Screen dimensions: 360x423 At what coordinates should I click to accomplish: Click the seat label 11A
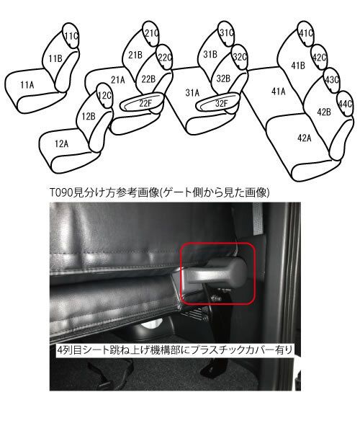[27, 85]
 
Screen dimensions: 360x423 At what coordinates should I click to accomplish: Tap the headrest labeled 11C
[71, 35]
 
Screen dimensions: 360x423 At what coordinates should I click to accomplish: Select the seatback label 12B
[89, 116]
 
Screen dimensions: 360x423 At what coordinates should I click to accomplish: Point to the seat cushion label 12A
[61, 144]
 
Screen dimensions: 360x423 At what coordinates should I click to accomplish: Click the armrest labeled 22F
[143, 102]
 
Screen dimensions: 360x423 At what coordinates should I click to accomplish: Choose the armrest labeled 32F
[218, 102]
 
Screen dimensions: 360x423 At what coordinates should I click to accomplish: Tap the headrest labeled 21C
[151, 33]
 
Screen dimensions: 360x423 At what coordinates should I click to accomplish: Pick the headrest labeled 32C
[239, 57]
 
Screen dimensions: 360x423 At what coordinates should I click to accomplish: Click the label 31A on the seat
[192, 93]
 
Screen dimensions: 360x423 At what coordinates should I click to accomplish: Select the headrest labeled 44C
[345, 104]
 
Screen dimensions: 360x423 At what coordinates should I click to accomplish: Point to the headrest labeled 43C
[331, 80]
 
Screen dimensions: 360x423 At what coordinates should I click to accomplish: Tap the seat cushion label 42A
[305, 138]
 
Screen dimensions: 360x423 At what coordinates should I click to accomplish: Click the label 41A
[279, 92]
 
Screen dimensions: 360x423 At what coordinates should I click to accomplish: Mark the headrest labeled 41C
[306, 33]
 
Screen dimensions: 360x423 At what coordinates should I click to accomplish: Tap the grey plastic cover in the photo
[215, 272]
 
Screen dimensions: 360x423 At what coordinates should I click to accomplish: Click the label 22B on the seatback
[149, 79]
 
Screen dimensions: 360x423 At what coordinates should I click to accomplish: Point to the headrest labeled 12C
[104, 96]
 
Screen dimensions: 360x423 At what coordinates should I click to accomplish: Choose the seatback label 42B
[324, 112]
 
